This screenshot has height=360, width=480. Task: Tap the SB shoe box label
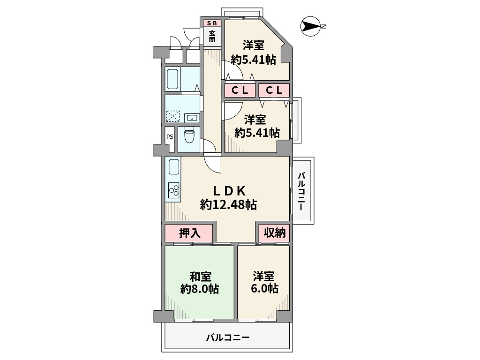212,23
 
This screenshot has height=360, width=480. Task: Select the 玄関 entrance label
212,37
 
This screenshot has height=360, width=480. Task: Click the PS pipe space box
169,137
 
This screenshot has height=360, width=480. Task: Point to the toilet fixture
189,136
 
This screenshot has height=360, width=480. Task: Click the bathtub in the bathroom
172,79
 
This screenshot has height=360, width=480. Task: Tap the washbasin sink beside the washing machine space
191,117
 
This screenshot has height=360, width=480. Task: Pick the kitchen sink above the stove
173,168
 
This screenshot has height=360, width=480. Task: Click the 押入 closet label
189,233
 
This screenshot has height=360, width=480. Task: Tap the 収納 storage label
274,233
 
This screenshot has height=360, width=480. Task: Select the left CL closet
240,91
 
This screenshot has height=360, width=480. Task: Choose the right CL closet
274,91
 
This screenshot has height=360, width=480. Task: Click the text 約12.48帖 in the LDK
228,204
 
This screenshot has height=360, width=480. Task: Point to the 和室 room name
200,275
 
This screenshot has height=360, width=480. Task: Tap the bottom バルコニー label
228,337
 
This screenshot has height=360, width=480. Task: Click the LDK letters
230,191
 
